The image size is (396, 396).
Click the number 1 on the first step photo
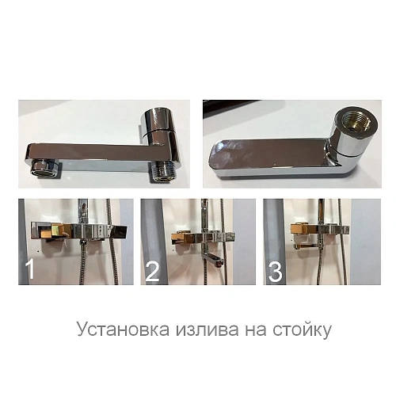30,271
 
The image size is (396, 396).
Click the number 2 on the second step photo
153,272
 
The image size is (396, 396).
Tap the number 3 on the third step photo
276,272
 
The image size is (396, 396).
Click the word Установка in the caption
117,329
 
